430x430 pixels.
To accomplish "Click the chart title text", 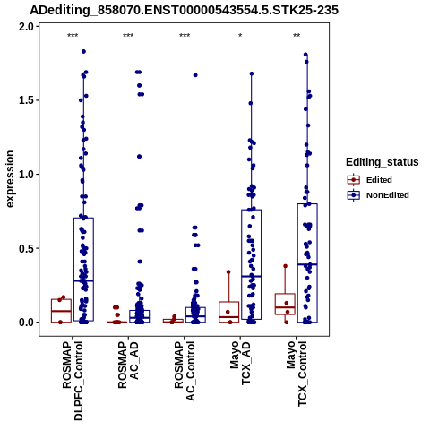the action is pos(184,10).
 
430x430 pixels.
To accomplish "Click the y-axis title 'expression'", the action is pos(10,179).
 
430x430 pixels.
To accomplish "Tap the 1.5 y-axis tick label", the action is pos(27,100).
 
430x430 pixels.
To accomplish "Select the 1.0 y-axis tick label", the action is pos(27,175).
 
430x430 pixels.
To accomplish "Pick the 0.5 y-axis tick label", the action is pos(27,248).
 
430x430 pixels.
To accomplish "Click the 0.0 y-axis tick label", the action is pos(27,322).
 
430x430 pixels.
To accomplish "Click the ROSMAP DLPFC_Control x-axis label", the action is pos(73,381).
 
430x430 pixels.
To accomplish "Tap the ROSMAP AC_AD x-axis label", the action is pos(128,365).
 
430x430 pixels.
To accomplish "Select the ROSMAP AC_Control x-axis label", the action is pos(185,371).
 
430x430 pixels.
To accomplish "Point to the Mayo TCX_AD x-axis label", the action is pos(240,363).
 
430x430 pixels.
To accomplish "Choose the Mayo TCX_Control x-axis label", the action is pos(297,374).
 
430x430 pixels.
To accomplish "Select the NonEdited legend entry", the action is pos(378,195).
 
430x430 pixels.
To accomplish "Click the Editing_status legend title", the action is pos(383,162).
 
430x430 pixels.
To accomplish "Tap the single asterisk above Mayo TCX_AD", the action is pos(240,36).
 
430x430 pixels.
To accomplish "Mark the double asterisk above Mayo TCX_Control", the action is pos(297,36).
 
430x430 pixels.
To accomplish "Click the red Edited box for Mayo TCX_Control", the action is pos(285,304).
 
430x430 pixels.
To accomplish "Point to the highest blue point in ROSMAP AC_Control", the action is pos(195,75).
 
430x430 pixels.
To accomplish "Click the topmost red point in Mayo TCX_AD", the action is pos(228,272).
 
